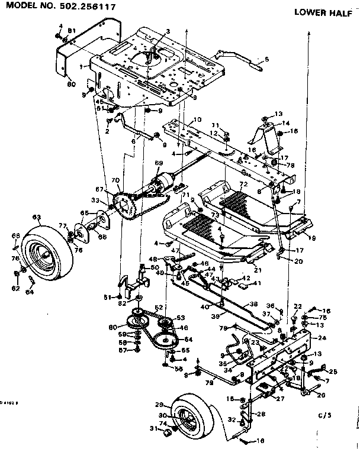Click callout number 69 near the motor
[x=158, y=163]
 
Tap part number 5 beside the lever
[x=266, y=59]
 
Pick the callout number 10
[x=198, y=120]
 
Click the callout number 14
[x=286, y=124]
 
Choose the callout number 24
[x=322, y=338]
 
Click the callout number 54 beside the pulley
[x=189, y=339]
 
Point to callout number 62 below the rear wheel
[x=16, y=289]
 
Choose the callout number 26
[x=322, y=396]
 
